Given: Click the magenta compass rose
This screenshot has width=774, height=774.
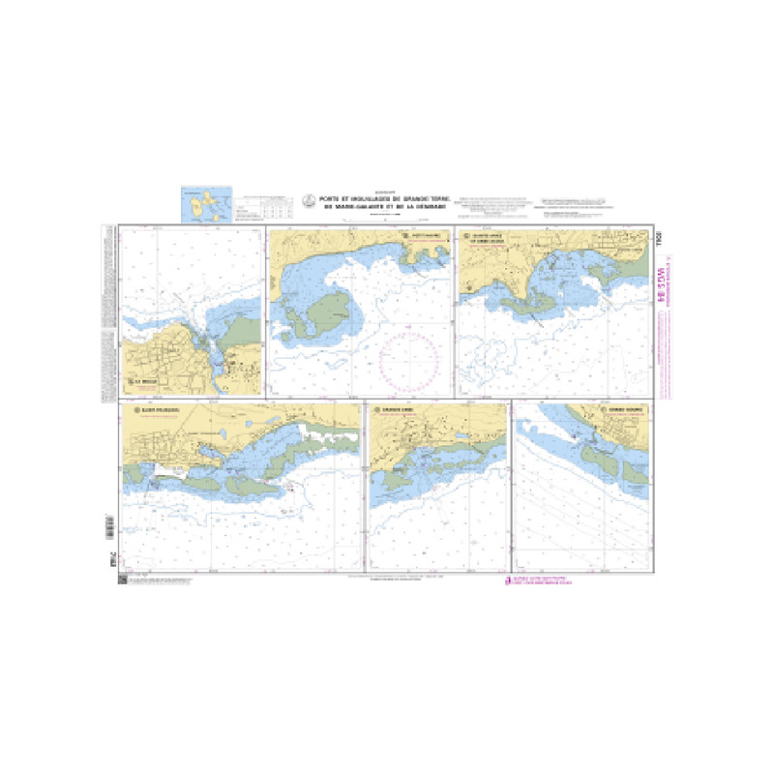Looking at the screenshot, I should pyautogui.click(x=412, y=362).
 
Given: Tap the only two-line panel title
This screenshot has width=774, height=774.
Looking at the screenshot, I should pyautogui.click(x=492, y=238).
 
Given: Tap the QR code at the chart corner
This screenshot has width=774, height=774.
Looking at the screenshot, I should pyautogui.click(x=121, y=579).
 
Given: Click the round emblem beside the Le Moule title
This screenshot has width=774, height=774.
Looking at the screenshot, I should pyautogui.click(x=126, y=381).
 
